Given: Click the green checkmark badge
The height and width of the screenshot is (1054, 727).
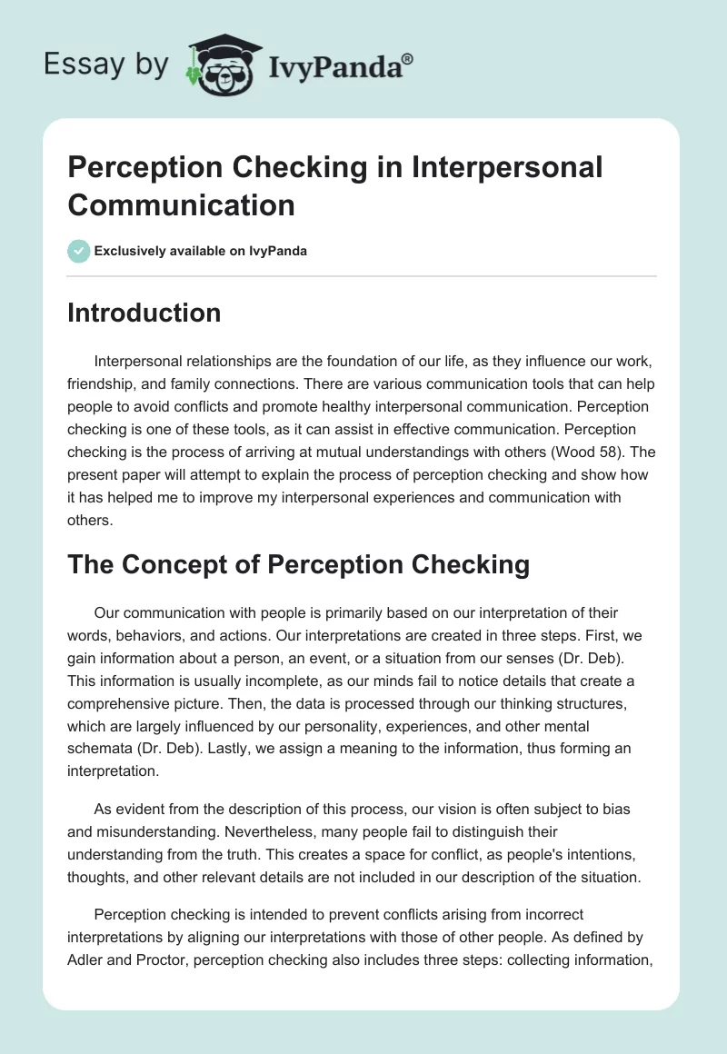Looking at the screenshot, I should pyautogui.click(x=79, y=251).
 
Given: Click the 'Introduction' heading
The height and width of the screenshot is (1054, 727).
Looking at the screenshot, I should pyautogui.click(x=144, y=313).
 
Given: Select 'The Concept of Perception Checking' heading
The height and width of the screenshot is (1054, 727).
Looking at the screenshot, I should pyautogui.click(x=298, y=564).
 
